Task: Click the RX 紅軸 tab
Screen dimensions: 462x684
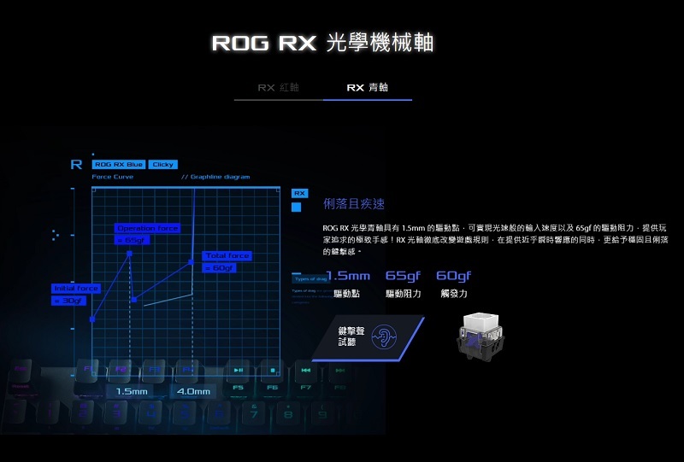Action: [x=278, y=88]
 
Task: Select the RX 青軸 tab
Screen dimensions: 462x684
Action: [x=367, y=88]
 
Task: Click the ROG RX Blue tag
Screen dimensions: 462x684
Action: [x=118, y=164]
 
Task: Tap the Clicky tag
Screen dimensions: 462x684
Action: [x=162, y=164]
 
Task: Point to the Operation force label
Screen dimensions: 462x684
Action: [x=147, y=229]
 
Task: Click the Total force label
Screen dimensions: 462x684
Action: [x=227, y=256]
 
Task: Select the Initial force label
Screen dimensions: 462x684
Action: [x=76, y=289]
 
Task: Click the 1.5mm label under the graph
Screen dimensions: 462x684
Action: [x=133, y=391]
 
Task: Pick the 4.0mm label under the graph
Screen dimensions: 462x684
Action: [x=192, y=391]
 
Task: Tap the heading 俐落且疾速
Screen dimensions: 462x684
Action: [x=354, y=204]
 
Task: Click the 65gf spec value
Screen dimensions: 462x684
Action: [x=403, y=276]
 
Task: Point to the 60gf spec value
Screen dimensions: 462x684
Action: [x=453, y=276]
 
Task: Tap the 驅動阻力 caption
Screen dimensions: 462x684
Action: [x=403, y=294]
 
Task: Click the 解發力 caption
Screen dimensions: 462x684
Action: [x=454, y=294]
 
